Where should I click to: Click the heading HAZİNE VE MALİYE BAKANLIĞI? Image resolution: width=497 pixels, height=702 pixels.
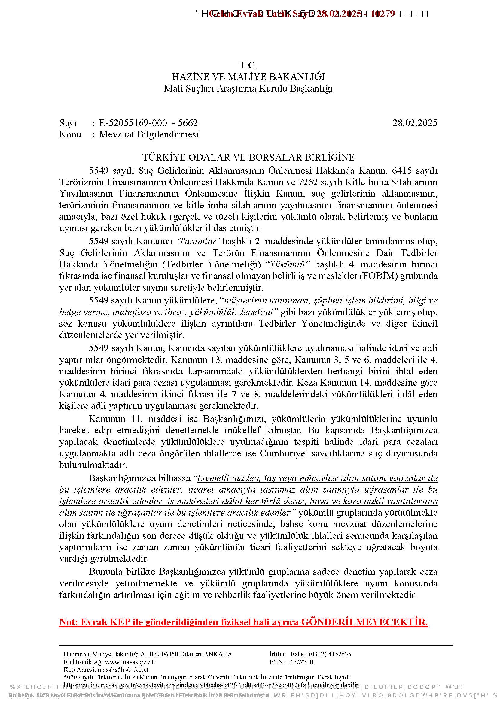coord(248,77)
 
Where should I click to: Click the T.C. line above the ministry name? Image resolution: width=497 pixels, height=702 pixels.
coord(248,65)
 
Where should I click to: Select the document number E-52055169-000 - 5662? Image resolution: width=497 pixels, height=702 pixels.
coord(148,123)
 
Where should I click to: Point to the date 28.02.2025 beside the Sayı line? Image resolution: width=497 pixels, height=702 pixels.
coord(415,123)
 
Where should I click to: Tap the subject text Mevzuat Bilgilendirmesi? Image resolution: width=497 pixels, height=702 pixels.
coord(149,134)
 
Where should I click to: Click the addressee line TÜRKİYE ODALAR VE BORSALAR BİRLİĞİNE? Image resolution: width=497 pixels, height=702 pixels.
coord(248,158)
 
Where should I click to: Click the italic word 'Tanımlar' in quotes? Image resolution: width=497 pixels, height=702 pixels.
coord(197,242)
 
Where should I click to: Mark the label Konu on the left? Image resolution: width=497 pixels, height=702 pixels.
coord(70,134)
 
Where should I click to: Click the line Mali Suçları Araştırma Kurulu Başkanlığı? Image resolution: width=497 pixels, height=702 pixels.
coord(248,88)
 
